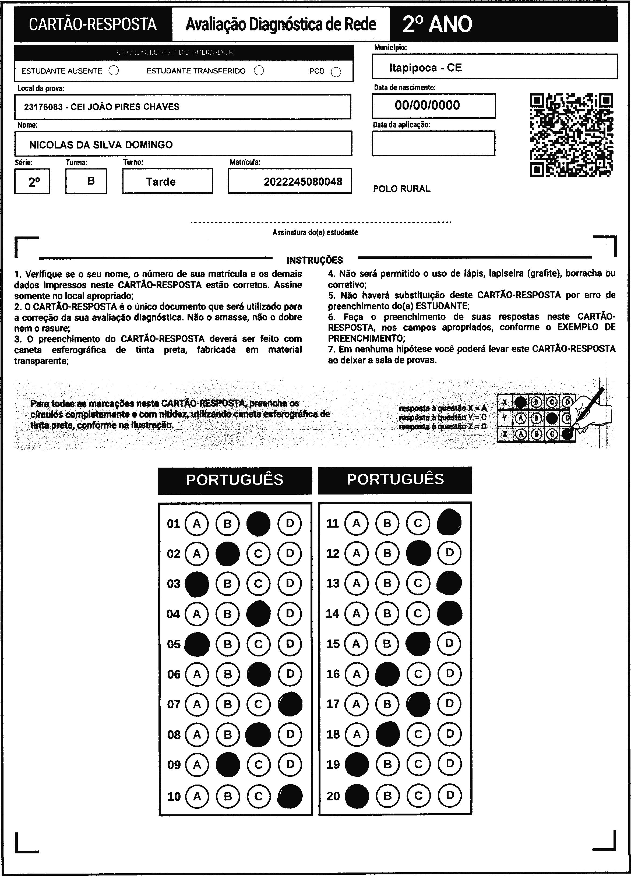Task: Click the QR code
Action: (571, 135)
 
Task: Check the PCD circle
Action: (336, 72)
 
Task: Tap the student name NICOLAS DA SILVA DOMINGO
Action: (101, 145)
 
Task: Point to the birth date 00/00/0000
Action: (427, 105)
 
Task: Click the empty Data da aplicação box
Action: (433, 143)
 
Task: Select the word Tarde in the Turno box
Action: (161, 182)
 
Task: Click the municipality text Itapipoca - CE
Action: (425, 68)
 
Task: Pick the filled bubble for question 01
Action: (258, 524)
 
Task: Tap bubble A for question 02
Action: (197, 554)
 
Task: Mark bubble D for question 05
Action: (290, 644)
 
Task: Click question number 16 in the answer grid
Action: (333, 674)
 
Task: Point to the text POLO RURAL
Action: (401, 189)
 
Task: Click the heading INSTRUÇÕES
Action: (315, 260)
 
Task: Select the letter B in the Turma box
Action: (91, 181)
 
